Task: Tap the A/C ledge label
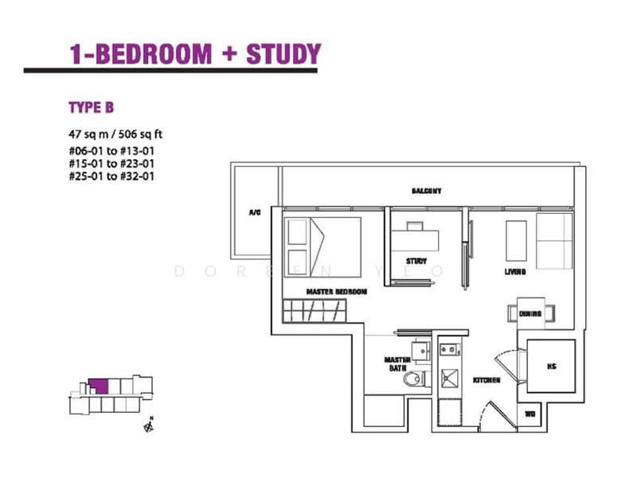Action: point(255,213)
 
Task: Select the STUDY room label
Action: point(416,261)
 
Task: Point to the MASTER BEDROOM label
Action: point(337,292)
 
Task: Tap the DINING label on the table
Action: point(530,314)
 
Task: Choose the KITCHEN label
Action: point(486,381)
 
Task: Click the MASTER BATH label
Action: point(397,364)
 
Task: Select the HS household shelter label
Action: point(551,366)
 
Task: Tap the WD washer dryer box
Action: point(530,414)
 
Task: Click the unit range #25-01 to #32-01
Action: point(111,176)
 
